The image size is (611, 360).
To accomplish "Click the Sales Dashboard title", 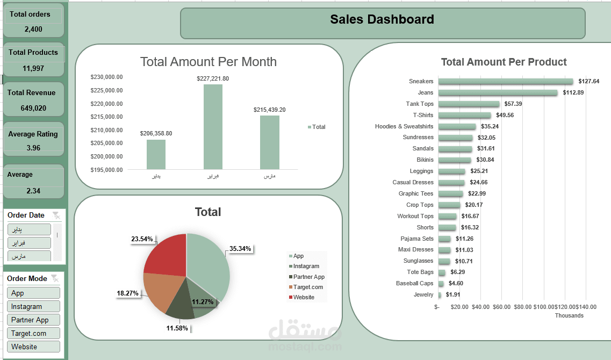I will click(382, 20).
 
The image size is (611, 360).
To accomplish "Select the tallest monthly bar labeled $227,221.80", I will click(213, 127).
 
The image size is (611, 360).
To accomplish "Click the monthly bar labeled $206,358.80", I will click(156, 155).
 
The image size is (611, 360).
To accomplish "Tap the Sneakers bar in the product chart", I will click(505, 81).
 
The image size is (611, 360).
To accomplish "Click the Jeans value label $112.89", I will click(573, 92).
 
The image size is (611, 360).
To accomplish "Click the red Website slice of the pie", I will click(164, 255).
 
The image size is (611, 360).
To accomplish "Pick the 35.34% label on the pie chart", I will click(240, 249).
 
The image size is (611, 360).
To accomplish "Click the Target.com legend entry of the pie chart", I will click(308, 287).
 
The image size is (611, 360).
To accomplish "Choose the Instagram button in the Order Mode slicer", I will click(33, 306).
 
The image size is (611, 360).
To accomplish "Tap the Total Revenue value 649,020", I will click(33, 108).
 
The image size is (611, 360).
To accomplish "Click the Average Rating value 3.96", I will click(33, 148).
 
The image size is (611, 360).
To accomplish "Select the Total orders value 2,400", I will click(33, 29).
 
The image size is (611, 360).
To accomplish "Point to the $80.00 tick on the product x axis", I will click(522, 307).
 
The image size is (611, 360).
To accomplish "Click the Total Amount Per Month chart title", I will click(209, 62).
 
